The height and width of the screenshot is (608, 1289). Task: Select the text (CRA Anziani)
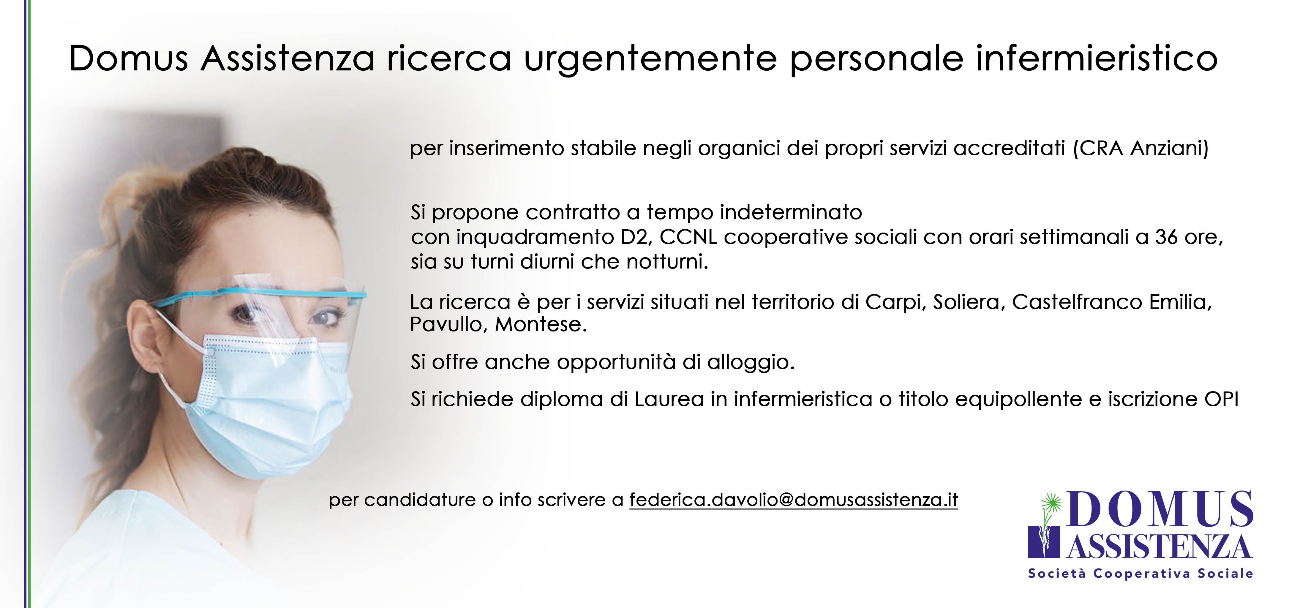pos(1141,149)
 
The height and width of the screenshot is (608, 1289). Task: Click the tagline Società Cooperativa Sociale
pos(1141,574)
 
